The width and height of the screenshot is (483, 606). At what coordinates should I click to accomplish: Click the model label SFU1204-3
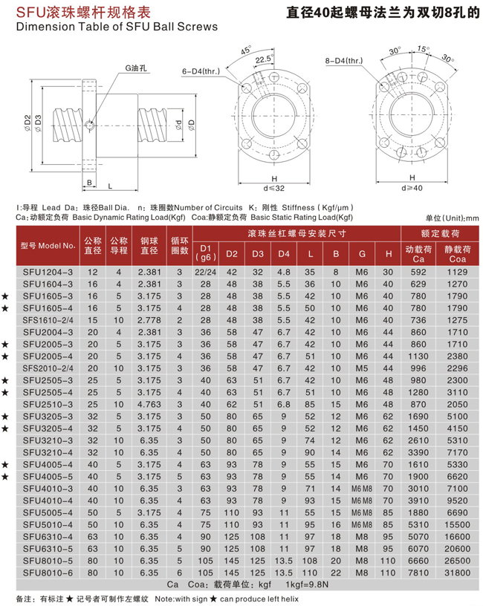click(x=47, y=272)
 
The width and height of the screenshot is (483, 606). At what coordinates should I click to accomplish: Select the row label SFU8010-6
click(x=47, y=573)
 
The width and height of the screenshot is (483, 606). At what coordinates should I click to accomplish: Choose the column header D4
click(x=283, y=254)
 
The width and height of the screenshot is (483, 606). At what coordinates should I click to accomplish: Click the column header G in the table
click(x=361, y=254)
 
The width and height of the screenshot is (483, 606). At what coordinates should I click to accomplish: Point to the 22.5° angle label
click(x=263, y=59)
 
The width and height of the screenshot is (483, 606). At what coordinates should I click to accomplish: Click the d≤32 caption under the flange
click(x=273, y=189)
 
